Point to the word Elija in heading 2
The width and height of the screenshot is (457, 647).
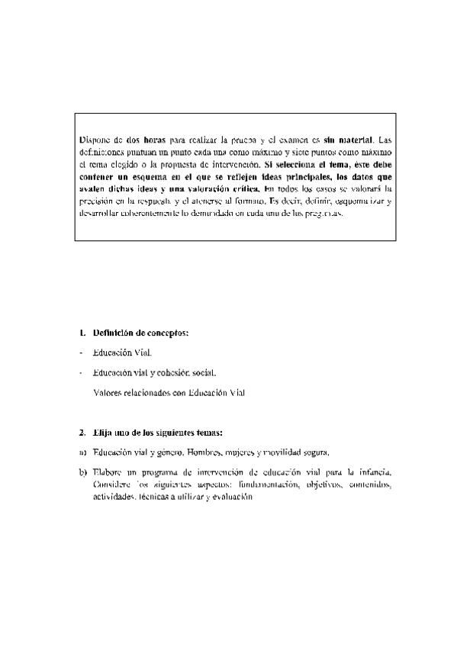pos(103,432)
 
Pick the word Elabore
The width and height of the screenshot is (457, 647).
pos(108,472)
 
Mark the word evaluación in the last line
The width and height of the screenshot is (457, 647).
pos(227,496)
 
